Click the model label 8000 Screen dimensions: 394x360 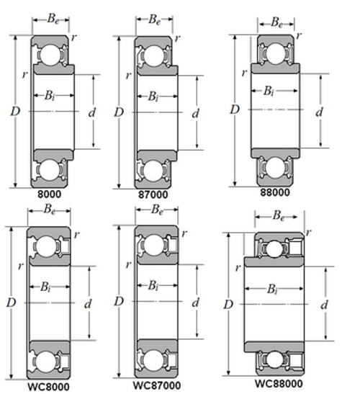(x=49, y=194)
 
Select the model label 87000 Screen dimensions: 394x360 (x=153, y=194)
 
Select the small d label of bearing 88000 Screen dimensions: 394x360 (x=318, y=112)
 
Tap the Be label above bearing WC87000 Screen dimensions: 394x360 (x=154, y=210)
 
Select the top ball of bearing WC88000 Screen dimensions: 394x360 (x=274, y=248)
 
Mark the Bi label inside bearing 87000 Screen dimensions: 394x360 (x=153, y=96)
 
